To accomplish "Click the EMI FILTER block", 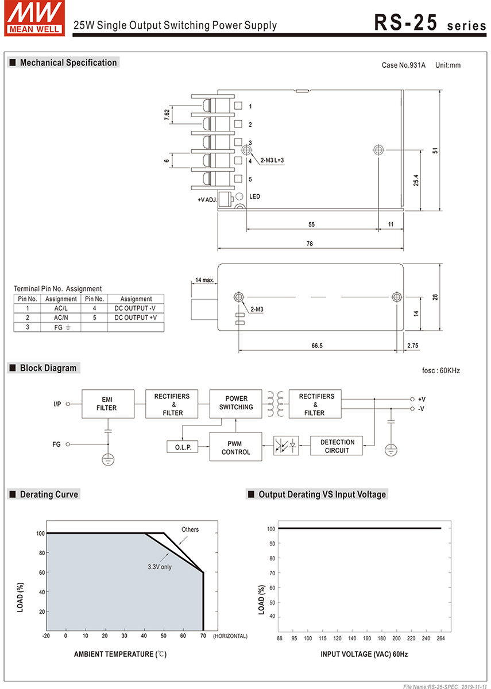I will pos(107,404).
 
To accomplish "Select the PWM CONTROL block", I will pos(235,447).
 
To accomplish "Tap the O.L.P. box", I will pos(183,447).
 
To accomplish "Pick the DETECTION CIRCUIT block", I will pos(337,446).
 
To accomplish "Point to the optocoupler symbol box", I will pos(286,446).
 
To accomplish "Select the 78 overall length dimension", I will pos(310,243).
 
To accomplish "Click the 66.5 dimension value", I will pos(316,346).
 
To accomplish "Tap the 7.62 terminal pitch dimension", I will pos(167,115).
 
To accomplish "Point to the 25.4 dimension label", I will pos(416,180).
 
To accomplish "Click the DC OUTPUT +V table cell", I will pos(136,318).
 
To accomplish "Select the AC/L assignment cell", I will pos(61,308).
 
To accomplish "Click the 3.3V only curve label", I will pos(160,567).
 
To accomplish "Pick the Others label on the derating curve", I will pos(190,529).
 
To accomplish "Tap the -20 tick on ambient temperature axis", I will pos(46,636).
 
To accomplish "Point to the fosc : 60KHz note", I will pos(440,370).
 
